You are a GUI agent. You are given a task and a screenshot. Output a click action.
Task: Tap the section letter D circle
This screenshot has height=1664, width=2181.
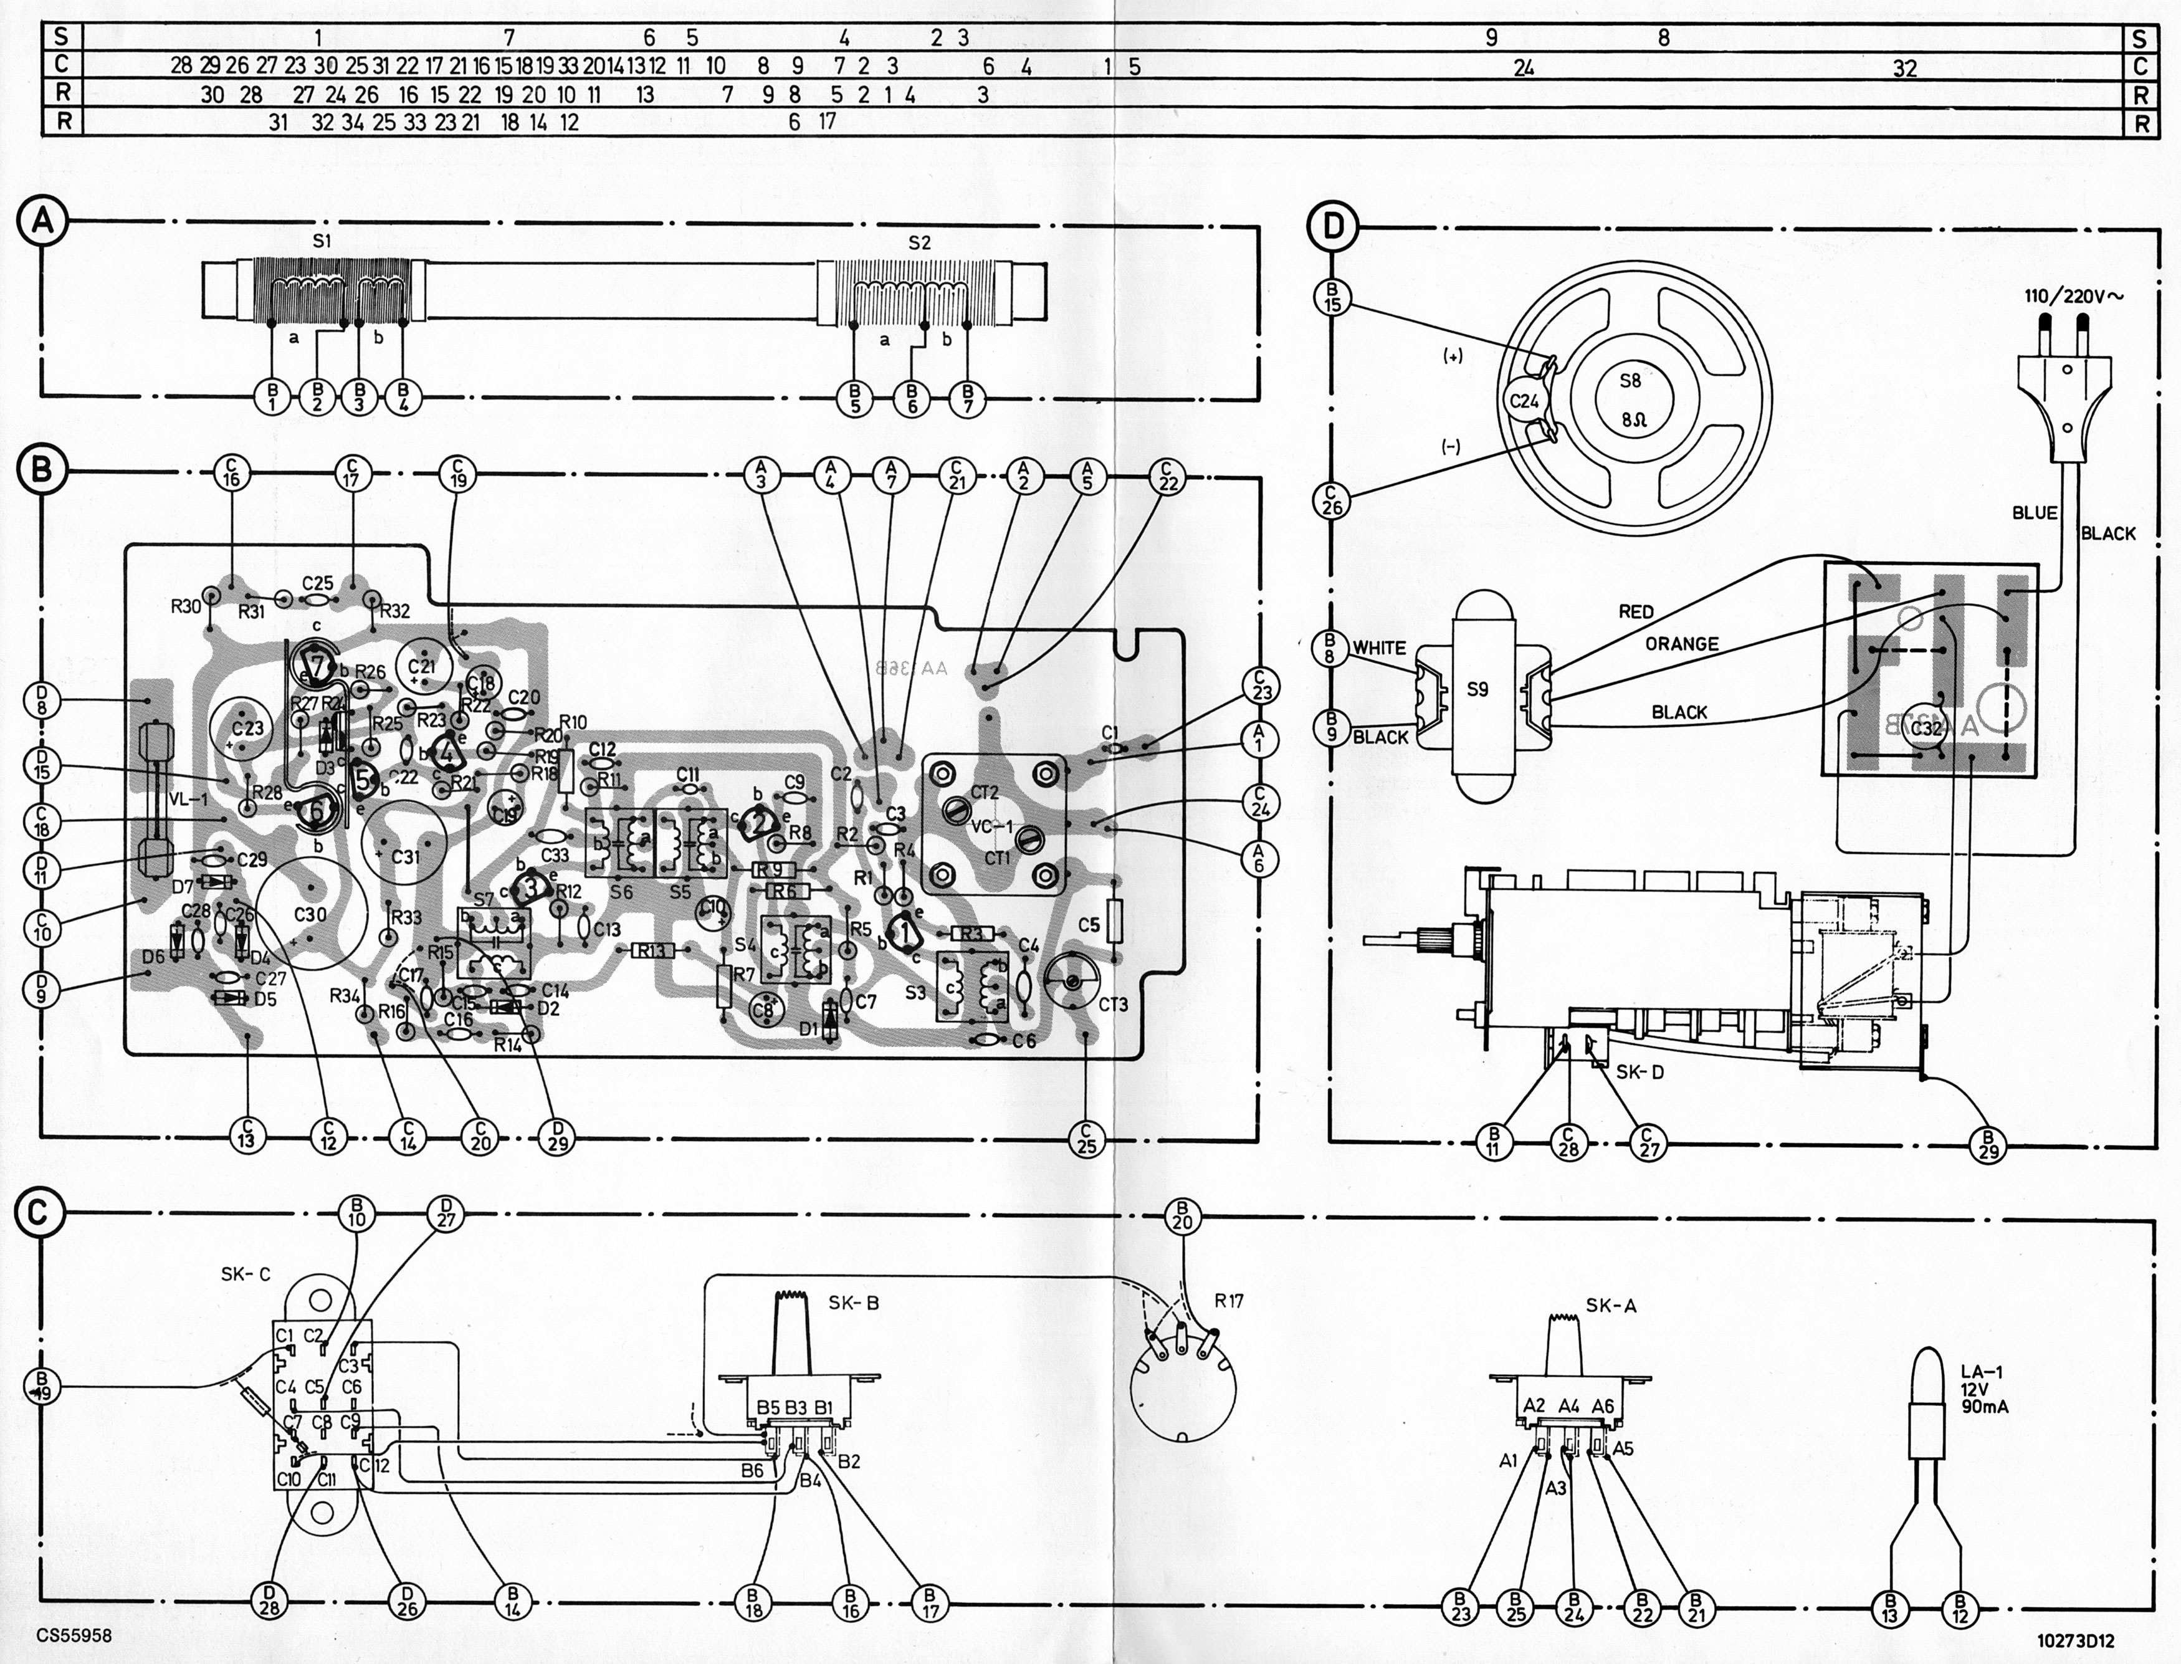point(1333,226)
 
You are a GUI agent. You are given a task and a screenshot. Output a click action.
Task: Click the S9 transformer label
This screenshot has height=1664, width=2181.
point(1477,689)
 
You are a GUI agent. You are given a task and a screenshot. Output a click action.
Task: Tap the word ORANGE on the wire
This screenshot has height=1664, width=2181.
point(1682,644)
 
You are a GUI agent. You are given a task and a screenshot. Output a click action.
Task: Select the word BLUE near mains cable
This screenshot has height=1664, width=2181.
point(2035,513)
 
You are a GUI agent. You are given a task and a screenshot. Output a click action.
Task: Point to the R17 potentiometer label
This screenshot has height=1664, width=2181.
point(1228,1301)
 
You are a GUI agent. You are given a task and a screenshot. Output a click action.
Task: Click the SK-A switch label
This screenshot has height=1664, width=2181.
point(1610,1306)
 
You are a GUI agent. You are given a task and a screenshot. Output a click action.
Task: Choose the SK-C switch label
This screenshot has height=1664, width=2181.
point(245,1274)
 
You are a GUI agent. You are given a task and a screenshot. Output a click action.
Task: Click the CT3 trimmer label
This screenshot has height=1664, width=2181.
point(1114,1005)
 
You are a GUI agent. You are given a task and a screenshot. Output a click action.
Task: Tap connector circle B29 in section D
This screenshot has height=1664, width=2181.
point(1988,1144)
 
